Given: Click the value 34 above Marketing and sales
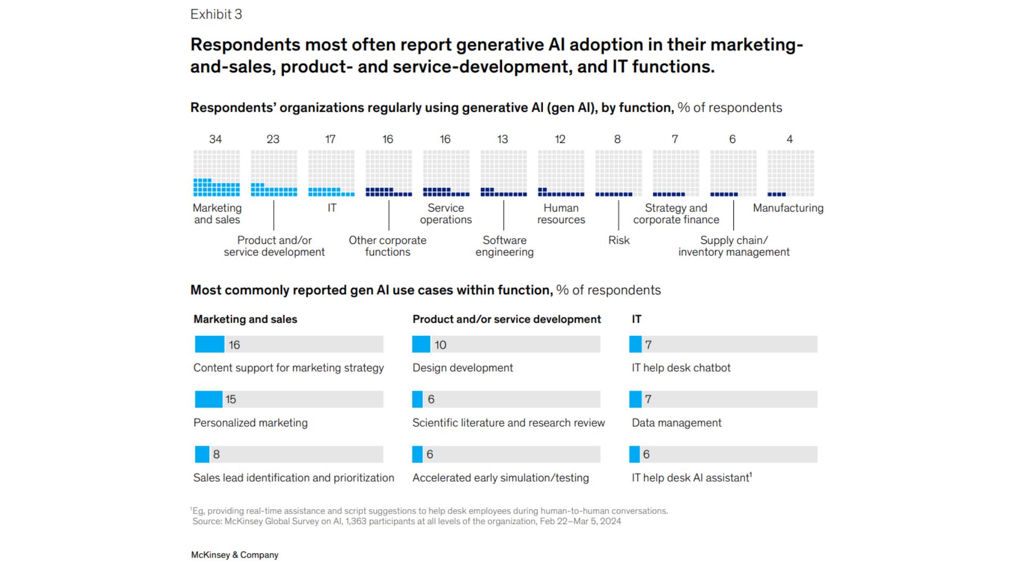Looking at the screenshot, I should tap(215, 139).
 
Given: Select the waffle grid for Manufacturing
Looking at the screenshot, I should tap(791, 173).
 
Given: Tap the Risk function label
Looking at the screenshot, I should tap(618, 240).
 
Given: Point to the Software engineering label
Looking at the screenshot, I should tap(504, 246).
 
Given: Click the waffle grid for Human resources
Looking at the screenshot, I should tap(561, 173).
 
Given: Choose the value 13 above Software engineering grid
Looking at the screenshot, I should tap(503, 139).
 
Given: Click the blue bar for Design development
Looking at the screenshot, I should tap(421, 344).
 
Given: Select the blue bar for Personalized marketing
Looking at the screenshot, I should tap(208, 399).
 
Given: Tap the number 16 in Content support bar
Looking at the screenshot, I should tap(235, 345).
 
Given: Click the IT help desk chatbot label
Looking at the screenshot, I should tap(681, 368).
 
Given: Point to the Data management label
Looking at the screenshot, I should tap(676, 423).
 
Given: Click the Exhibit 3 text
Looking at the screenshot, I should tap(216, 14).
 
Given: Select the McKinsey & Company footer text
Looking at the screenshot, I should tap(235, 555).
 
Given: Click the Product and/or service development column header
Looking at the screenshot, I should tap(506, 319).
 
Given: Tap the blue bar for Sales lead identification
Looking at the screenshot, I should tap(202, 454).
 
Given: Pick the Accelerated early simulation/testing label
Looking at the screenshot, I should tap(500, 478).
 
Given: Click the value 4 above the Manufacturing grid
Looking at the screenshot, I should tap(790, 139).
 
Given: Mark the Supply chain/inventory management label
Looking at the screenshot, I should tap(734, 246).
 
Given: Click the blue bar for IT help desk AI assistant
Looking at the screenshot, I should tap(634, 454).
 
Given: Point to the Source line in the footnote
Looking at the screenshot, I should tap(406, 521).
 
